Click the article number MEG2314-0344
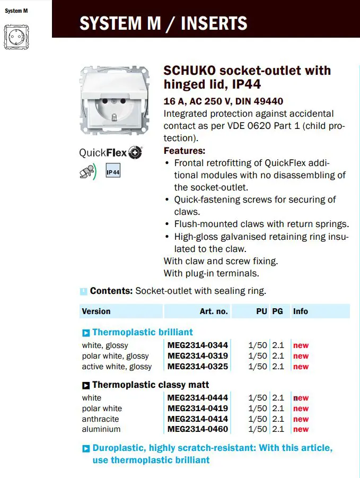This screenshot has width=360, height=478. [x=197, y=345]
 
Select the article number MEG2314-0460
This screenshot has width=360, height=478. [x=197, y=429]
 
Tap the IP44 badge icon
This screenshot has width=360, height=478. [x=113, y=172]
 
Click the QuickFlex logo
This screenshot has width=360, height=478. [x=111, y=153]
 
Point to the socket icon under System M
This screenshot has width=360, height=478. [x=16, y=37]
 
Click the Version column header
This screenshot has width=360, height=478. [x=96, y=311]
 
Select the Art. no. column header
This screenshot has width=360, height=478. [x=214, y=311]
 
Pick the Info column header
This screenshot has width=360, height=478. [x=301, y=311]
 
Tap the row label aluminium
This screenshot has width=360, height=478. [x=101, y=429]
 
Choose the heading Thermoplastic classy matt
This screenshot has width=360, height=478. [x=151, y=385]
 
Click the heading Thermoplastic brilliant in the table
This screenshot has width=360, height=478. [x=143, y=332]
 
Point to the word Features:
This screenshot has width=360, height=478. [x=185, y=151]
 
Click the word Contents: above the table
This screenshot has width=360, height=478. [x=111, y=291]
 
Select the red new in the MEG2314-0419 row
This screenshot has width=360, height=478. [x=301, y=409]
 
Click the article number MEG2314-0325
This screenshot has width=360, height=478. [x=197, y=367]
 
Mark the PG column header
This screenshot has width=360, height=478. [x=277, y=311]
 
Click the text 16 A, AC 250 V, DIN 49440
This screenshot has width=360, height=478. [x=223, y=101]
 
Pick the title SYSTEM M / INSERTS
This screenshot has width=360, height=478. [x=163, y=23]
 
